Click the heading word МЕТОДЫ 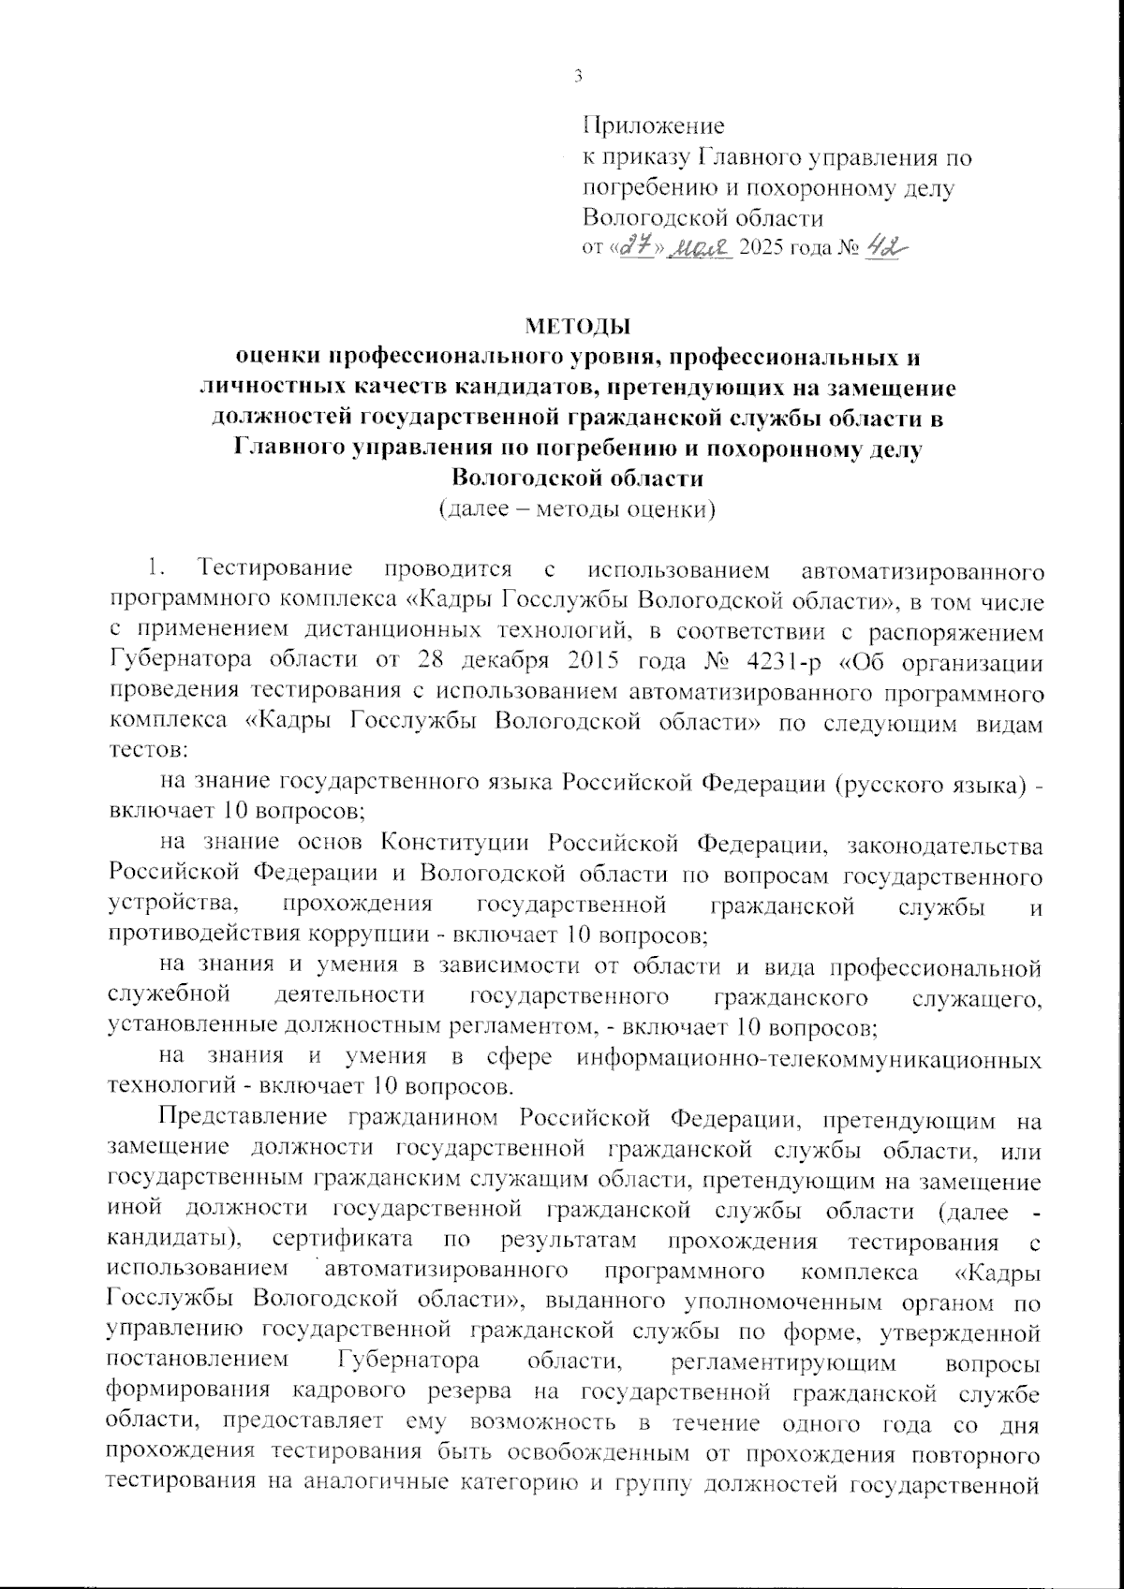(577, 327)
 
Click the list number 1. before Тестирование (156, 568)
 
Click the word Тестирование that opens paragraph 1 (274, 568)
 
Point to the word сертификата (344, 1242)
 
